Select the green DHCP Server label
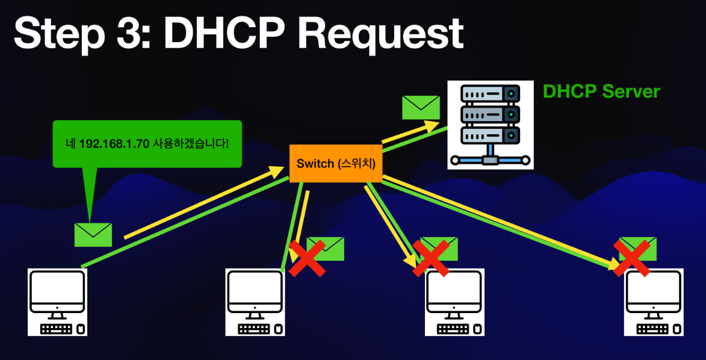click(x=601, y=92)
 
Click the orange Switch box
click(x=336, y=163)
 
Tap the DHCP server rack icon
click(x=491, y=124)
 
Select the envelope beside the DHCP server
click(x=421, y=107)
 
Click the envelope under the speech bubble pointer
click(x=93, y=234)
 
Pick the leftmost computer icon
click(x=57, y=301)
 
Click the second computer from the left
click(x=255, y=301)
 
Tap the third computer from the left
click(x=455, y=301)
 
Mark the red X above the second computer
click(x=307, y=258)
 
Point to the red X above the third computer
click(x=431, y=258)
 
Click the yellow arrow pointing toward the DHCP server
click(x=410, y=133)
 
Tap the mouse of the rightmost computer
click(x=677, y=329)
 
